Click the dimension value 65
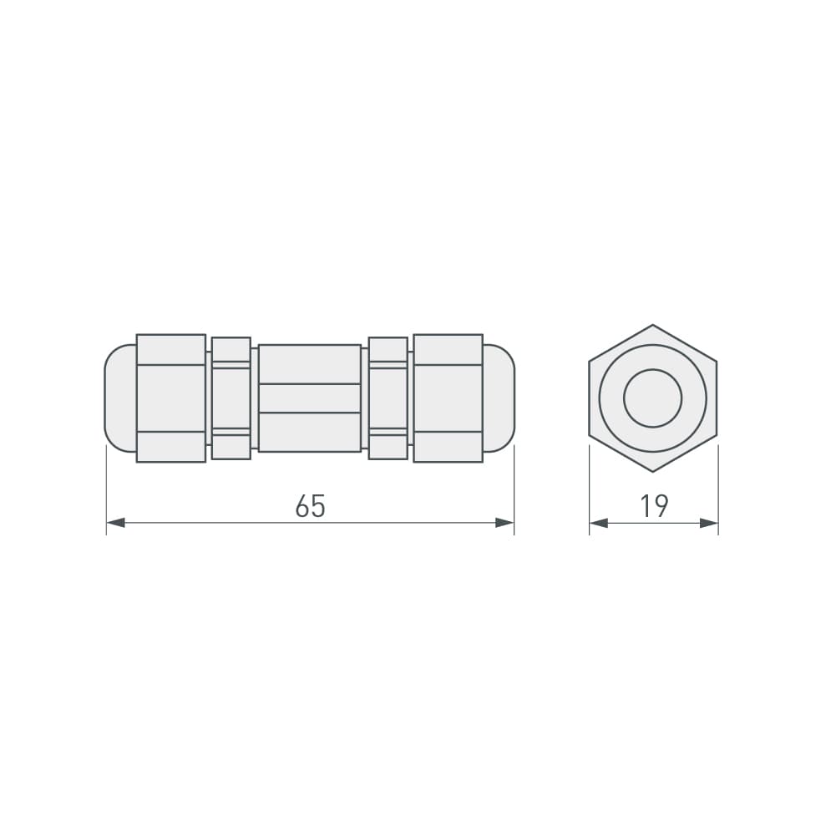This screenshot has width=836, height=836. (x=310, y=506)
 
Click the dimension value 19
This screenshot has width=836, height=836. (x=654, y=506)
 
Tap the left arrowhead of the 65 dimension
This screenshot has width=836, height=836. (x=116, y=523)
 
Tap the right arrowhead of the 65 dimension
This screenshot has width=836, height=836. (x=504, y=523)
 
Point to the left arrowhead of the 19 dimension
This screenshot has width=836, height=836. (x=599, y=523)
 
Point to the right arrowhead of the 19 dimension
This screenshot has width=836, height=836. (x=709, y=523)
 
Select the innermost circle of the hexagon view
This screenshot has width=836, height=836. (x=653, y=398)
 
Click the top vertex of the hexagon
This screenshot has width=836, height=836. (x=653, y=325)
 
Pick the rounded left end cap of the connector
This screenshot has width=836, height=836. (x=119, y=398)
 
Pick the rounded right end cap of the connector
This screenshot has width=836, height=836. (x=499, y=398)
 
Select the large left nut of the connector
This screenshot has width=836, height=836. (x=170, y=398)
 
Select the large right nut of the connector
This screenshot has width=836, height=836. (x=448, y=398)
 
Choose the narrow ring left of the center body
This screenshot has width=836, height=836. (x=231, y=398)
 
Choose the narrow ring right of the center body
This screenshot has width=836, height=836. (x=388, y=398)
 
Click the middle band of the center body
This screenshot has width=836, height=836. (x=309, y=398)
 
